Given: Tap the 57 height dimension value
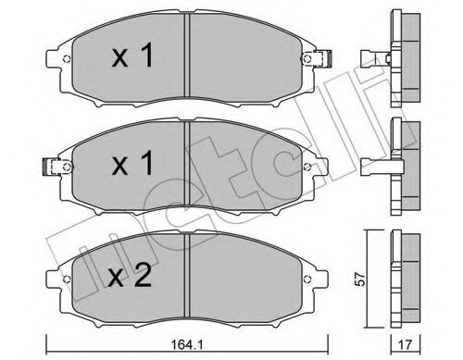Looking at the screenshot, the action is [361, 279].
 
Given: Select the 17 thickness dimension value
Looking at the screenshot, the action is [406, 345].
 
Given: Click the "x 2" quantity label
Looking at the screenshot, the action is [131, 276].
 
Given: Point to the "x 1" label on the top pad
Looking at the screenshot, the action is [132, 56].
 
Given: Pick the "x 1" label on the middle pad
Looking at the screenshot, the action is [132, 163].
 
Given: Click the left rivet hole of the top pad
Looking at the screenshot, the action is [67, 59].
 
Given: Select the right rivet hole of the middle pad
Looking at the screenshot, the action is [307, 167].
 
